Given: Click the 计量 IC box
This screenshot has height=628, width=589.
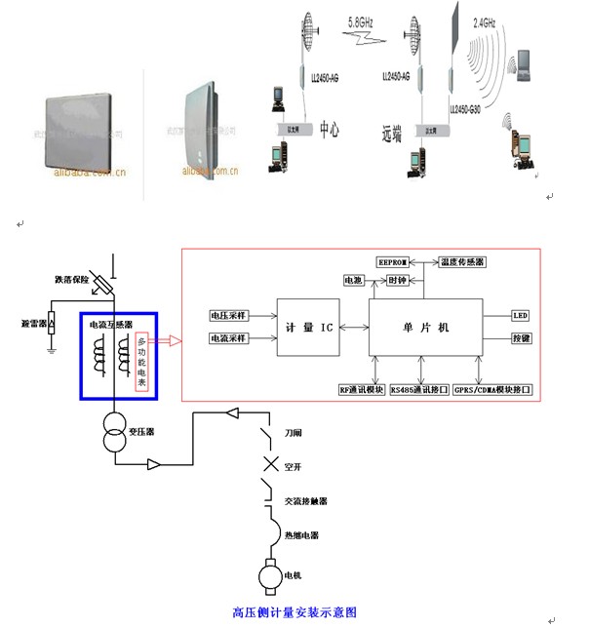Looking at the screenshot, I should (x=313, y=328).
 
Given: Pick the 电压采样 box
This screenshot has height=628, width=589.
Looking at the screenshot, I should (x=229, y=316).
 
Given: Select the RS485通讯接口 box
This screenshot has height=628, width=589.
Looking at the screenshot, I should (x=418, y=388).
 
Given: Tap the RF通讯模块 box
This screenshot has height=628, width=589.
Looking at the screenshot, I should (x=358, y=388).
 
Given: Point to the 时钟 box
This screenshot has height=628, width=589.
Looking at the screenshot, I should (x=396, y=280).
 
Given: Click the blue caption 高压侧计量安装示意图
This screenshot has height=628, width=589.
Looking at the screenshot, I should (x=294, y=612).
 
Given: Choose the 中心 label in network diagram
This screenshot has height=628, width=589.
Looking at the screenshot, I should (x=330, y=128).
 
